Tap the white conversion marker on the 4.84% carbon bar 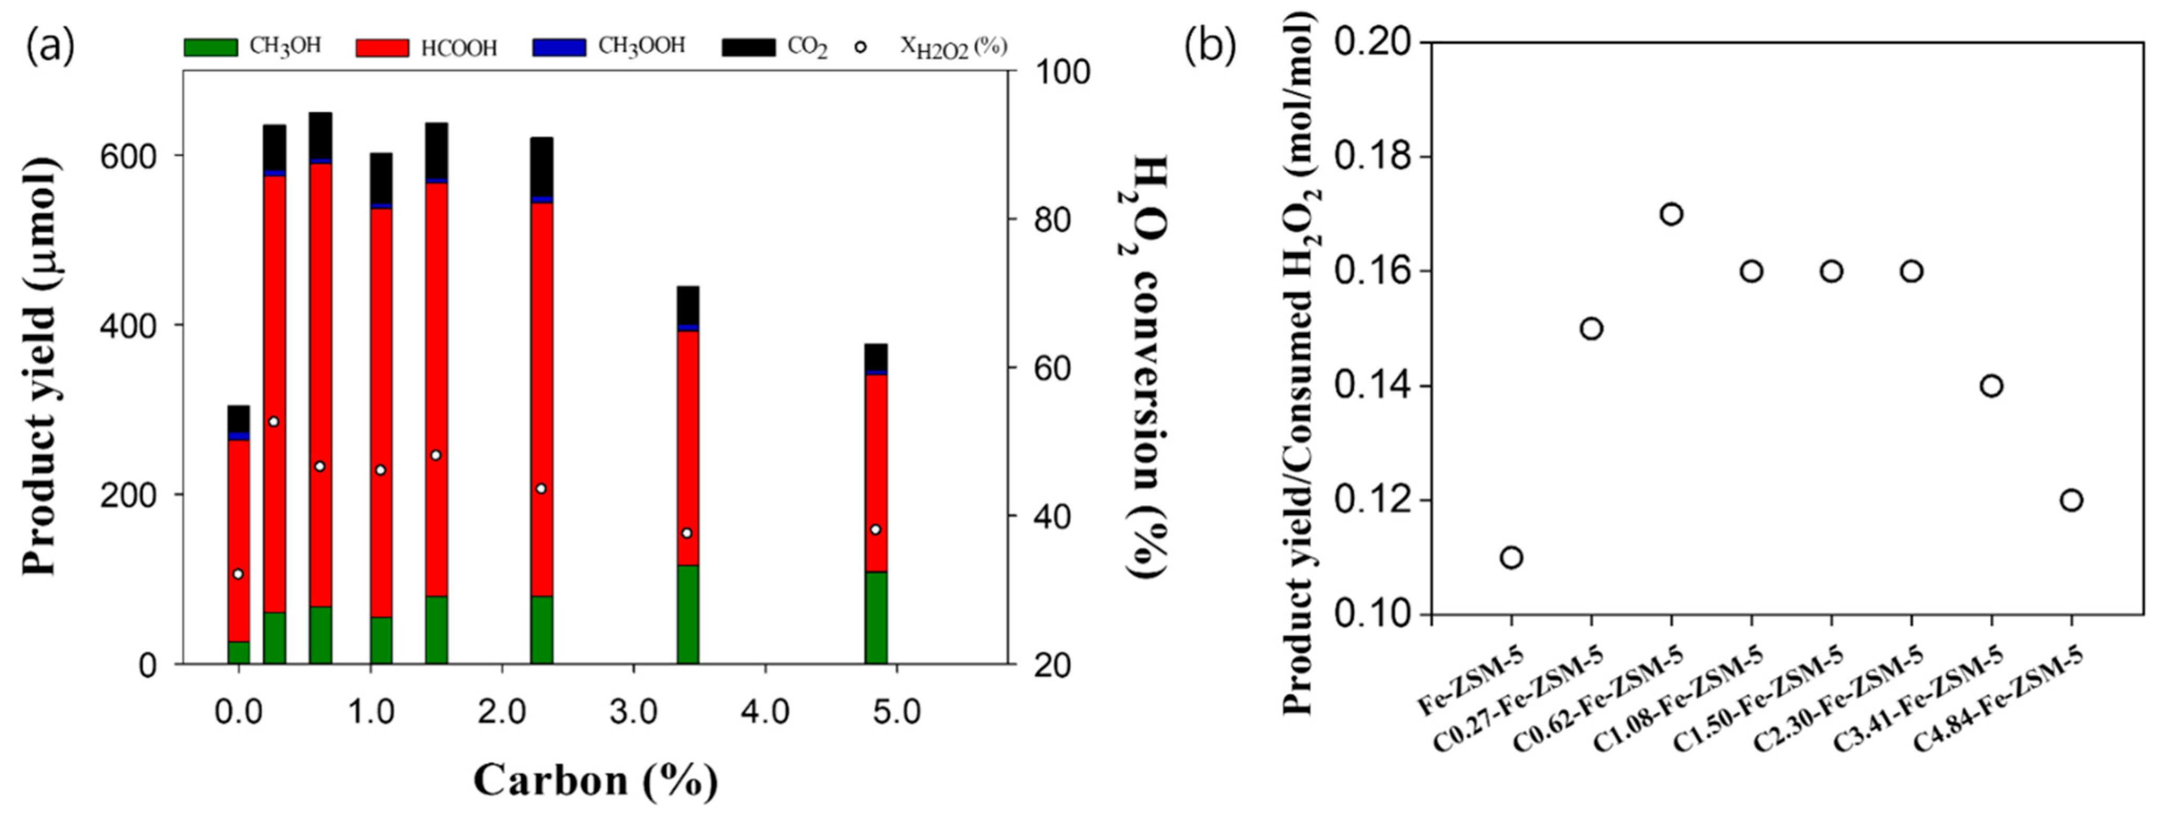point(876,529)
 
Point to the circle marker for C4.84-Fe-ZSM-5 point(2071,500)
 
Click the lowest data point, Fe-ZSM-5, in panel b point(1511,557)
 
